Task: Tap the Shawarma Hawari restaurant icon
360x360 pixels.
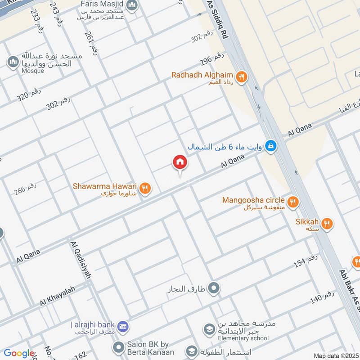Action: tap(144, 189)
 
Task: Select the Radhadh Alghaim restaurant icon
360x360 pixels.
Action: tap(242, 77)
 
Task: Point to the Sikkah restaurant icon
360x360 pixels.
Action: tap(327, 223)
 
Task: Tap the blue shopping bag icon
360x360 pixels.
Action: tap(270, 145)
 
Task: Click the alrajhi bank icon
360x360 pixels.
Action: tap(124, 326)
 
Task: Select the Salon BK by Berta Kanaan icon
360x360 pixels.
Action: tap(118, 347)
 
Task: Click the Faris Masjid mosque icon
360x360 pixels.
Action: tap(131, 6)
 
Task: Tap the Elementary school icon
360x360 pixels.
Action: tap(208, 330)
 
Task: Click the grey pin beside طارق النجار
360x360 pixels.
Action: tap(214, 287)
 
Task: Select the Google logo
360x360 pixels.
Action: tap(18, 353)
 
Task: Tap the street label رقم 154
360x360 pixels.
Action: tap(306, 261)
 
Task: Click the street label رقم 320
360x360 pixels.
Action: tap(29, 93)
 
